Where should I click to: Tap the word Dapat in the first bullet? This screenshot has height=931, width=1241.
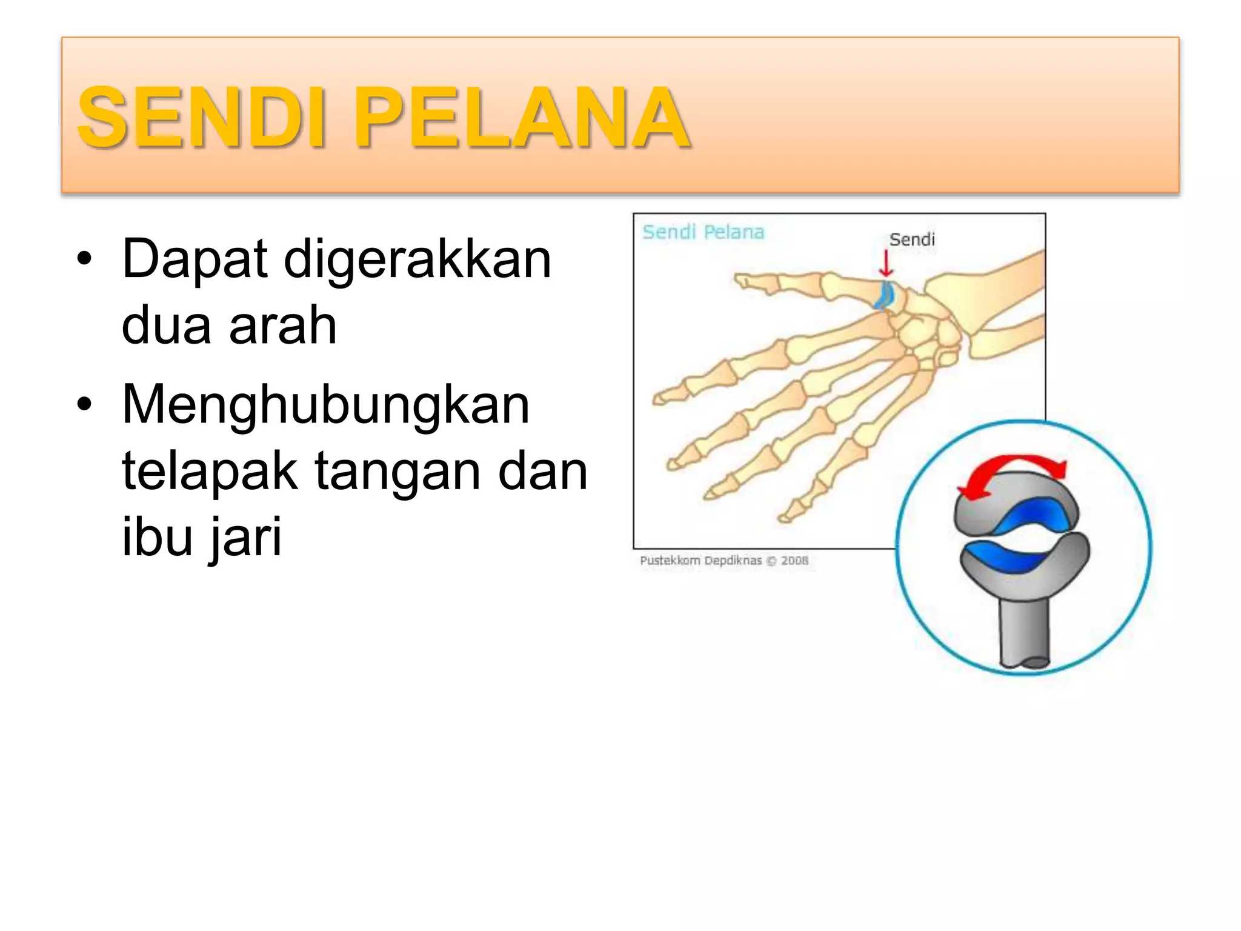point(195,259)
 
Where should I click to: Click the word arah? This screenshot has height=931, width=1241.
point(282,325)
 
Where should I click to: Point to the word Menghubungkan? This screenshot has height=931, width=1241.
point(326,404)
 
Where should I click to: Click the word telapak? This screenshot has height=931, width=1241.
point(210,472)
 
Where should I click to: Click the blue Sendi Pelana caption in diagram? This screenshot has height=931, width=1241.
point(703,232)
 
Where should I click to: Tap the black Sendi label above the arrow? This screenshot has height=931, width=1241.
point(912,239)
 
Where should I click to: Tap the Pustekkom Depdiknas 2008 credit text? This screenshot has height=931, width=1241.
point(724,561)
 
